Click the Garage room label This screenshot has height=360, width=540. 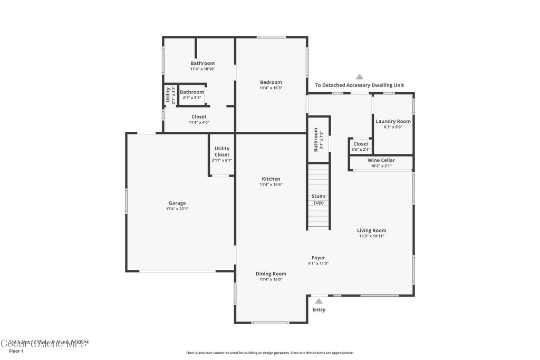click(x=177, y=203)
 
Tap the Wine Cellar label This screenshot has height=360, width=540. click(x=381, y=160)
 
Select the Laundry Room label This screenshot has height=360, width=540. click(x=393, y=121)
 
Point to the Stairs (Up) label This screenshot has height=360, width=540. click(x=319, y=199)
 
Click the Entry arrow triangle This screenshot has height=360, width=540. click(x=319, y=301)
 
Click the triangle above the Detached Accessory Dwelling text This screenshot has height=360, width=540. click(x=360, y=76)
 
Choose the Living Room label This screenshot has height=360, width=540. click(x=371, y=230)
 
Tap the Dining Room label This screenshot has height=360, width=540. click(x=271, y=274)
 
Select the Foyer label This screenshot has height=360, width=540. click(x=318, y=258)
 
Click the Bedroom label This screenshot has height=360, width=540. click(x=271, y=82)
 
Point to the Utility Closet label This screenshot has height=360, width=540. click(x=222, y=152)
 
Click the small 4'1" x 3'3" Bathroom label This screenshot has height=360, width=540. click(x=191, y=92)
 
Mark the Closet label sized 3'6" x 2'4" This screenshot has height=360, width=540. click(x=361, y=144)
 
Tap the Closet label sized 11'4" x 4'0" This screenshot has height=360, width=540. click(x=199, y=116)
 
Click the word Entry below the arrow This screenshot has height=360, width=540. click(x=319, y=310)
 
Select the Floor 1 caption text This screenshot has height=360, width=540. click(x=16, y=351)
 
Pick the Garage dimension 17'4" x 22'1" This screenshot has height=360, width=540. click(x=177, y=209)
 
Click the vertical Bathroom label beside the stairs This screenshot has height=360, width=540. click(x=316, y=140)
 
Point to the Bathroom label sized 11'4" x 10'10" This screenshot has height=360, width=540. click(x=202, y=63)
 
